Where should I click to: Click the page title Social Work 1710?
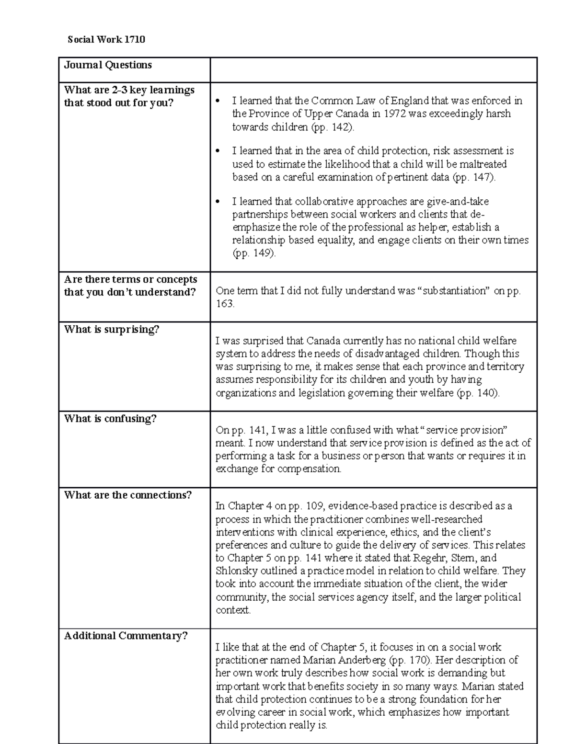click(x=106, y=39)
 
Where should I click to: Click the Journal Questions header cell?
click(x=108, y=65)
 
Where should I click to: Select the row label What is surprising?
click(x=111, y=330)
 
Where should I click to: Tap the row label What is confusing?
click(x=110, y=419)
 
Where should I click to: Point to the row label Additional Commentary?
click(x=126, y=636)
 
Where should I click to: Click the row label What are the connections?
click(x=127, y=495)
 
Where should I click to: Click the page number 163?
click(x=224, y=304)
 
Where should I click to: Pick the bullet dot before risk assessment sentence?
click(x=218, y=151)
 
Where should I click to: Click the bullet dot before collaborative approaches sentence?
click(x=218, y=202)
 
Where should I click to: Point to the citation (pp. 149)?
click(x=254, y=253)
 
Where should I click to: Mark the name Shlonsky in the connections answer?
click(x=237, y=571)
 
